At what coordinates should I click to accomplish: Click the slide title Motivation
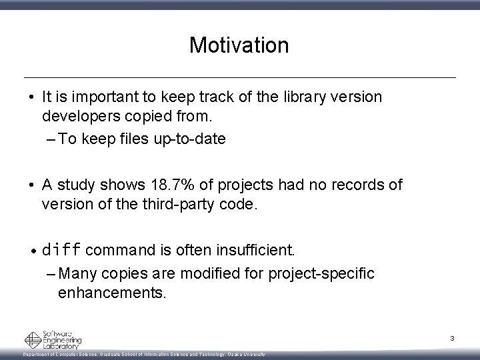pos(239,45)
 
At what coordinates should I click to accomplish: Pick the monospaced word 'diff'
pos(62,251)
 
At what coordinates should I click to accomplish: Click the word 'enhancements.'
pos(112,293)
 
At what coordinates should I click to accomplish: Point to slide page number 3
pos(452,339)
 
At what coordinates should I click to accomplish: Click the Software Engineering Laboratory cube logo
pos(33,340)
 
